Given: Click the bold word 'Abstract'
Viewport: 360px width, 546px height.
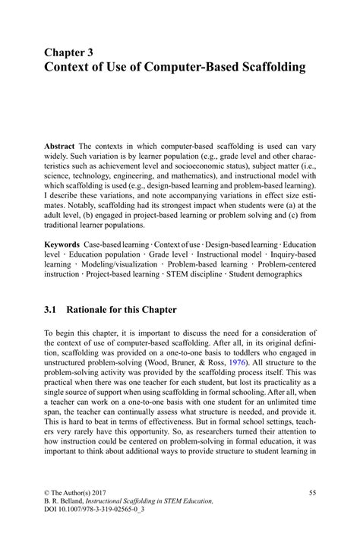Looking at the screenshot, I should (x=60, y=144).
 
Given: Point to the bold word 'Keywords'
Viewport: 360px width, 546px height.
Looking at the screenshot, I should (x=63, y=245).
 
